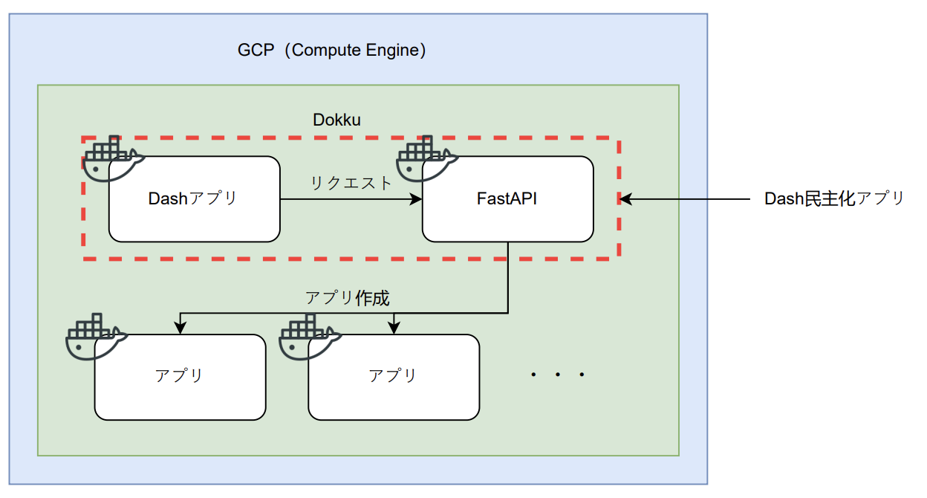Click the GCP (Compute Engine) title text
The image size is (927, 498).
tap(332, 51)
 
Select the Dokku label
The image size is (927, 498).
tap(336, 120)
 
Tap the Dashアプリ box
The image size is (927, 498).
tap(195, 199)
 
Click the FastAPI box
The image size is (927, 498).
tap(507, 199)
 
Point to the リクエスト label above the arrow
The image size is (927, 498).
tap(350, 183)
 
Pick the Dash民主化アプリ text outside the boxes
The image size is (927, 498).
tap(834, 199)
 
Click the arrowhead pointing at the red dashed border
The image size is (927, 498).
tap(625, 199)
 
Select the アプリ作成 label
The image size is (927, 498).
tap(347, 298)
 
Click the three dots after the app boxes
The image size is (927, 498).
tap(558, 375)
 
